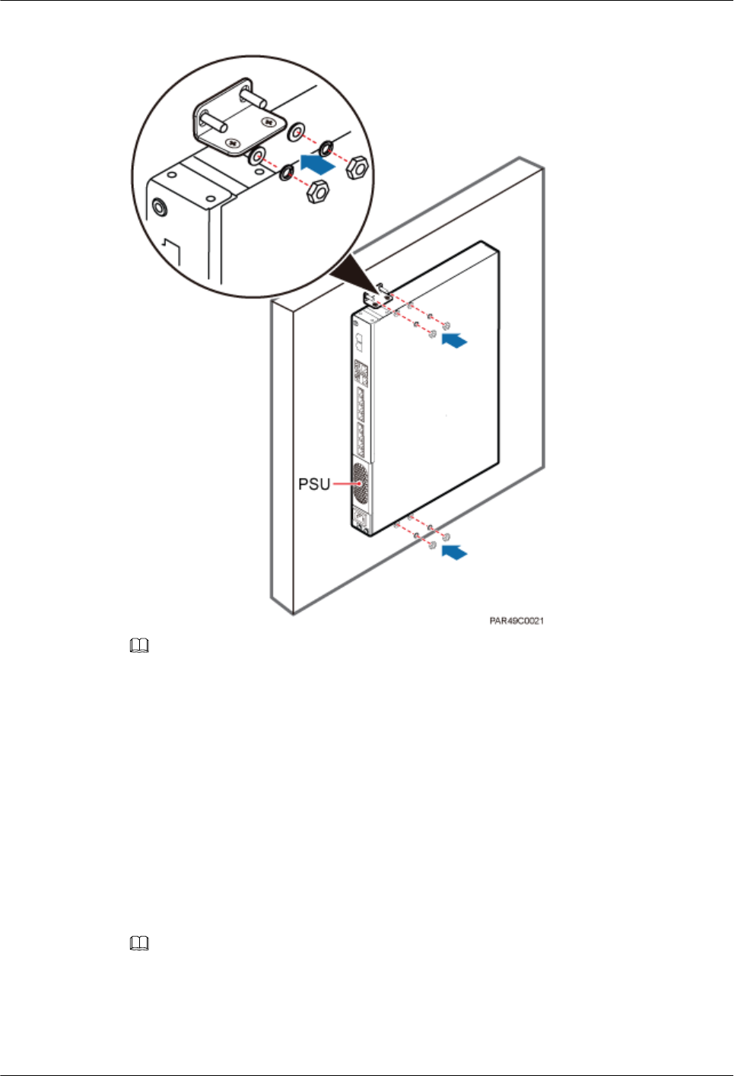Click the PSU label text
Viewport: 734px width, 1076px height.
tap(313, 484)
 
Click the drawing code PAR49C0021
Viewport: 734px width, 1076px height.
tap(516, 621)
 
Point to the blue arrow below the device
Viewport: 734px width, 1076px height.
tap(454, 553)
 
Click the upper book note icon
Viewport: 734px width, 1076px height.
tap(139, 647)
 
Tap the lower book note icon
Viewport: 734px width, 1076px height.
tap(139, 944)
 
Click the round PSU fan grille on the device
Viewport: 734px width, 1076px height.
tap(360, 484)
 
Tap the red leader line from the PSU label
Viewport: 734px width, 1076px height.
tap(344, 484)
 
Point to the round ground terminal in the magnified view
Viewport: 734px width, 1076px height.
tap(160, 207)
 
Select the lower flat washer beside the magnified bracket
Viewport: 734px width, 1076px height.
tap(257, 157)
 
